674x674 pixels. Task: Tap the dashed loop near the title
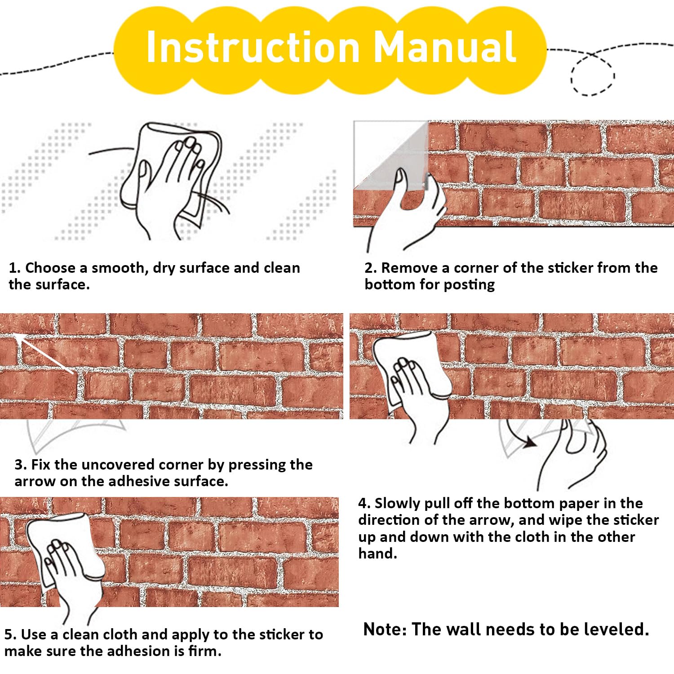point(592,74)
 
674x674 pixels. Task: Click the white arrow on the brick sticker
point(44,353)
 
